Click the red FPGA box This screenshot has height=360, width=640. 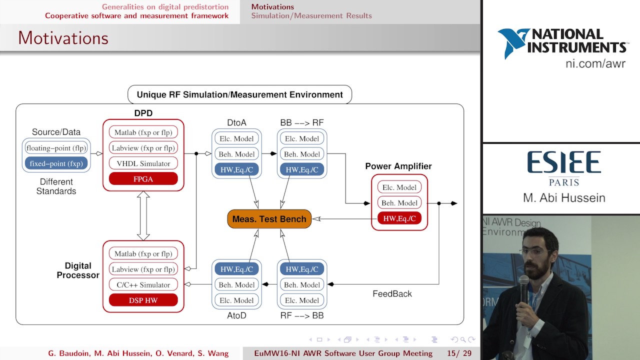pos(143,178)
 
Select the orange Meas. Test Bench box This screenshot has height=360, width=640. pos(269,219)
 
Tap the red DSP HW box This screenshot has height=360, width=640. pos(143,300)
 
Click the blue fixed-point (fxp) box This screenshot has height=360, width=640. pos(56,163)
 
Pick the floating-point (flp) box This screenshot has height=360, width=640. pos(56,148)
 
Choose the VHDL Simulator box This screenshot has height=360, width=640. pos(143,163)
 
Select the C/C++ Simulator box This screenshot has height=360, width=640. pos(143,284)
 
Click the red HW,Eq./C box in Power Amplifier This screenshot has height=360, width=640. pos(399,218)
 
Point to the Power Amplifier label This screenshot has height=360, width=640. pos(398,166)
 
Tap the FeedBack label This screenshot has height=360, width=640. pos(392,293)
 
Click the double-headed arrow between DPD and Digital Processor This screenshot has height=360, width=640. pos(143,215)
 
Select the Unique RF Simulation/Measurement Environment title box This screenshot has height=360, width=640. pos(239,94)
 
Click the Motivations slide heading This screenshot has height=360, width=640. pos(63,38)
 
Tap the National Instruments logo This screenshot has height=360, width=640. pos(561,42)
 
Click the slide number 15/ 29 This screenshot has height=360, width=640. pos(458,353)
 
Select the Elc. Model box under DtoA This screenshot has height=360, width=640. pos(236,138)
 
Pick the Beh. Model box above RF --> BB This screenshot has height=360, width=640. pos(301,284)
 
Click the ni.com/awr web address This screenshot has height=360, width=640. pos(595,63)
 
